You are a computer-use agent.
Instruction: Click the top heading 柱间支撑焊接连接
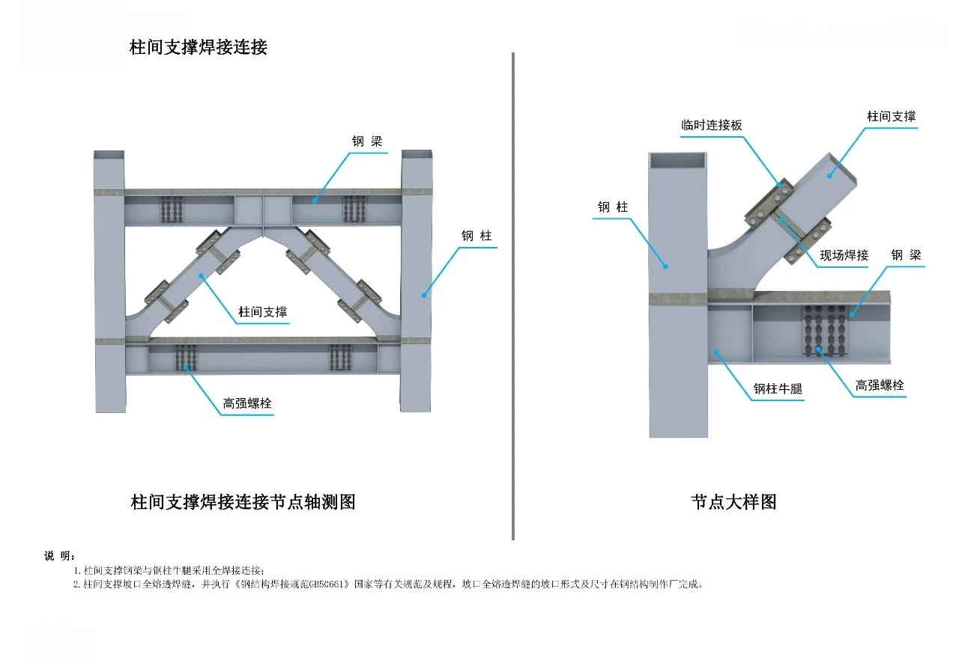(x=199, y=47)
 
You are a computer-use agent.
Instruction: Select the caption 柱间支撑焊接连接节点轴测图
(x=243, y=502)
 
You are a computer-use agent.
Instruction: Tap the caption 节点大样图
(x=733, y=502)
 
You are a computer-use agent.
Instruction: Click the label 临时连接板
(x=711, y=125)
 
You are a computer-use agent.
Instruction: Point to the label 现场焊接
(x=844, y=255)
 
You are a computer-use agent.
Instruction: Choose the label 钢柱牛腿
(x=778, y=389)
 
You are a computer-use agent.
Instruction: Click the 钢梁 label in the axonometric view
(x=367, y=141)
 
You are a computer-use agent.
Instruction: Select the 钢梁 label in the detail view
(x=905, y=255)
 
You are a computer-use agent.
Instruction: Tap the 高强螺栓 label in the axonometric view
(x=247, y=403)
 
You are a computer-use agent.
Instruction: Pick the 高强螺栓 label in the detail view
(x=880, y=385)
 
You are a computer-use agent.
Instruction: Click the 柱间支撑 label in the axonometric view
(x=263, y=312)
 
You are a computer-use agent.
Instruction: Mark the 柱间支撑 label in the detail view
(x=891, y=116)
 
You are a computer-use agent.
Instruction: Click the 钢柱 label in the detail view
(x=613, y=207)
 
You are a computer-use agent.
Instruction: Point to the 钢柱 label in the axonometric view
(x=477, y=236)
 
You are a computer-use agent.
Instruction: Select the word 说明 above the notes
(x=59, y=555)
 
